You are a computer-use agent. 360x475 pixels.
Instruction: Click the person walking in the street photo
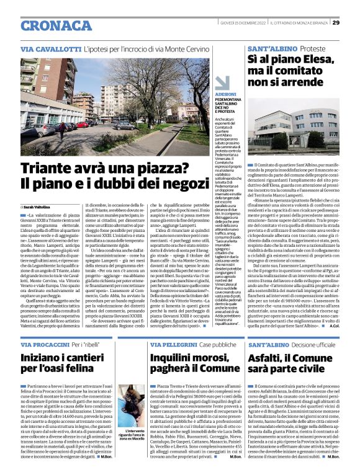point(62,130)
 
